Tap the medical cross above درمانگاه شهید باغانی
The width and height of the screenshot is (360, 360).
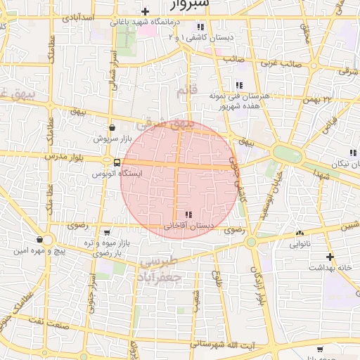coord(146,11)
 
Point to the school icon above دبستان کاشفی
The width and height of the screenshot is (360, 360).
coord(200,27)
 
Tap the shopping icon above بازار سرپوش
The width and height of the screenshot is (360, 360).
coord(112,127)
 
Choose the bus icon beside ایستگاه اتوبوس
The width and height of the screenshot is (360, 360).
coord(106,162)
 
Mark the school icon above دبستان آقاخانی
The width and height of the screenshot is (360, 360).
coord(188,214)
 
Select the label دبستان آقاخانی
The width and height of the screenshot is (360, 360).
coord(186,226)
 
